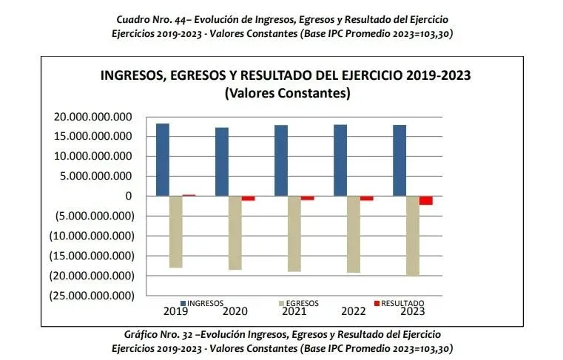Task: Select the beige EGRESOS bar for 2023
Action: coord(412,236)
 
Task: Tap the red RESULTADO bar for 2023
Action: coord(425,200)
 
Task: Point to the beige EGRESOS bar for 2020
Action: coord(235,233)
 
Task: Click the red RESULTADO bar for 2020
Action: coord(248,198)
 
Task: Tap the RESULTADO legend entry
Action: coord(399,303)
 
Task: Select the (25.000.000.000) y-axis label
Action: coord(92,296)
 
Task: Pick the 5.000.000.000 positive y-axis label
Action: coord(97,177)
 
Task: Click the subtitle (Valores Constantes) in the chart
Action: coord(286,94)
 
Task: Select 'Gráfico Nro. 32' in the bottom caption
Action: coord(151,335)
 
